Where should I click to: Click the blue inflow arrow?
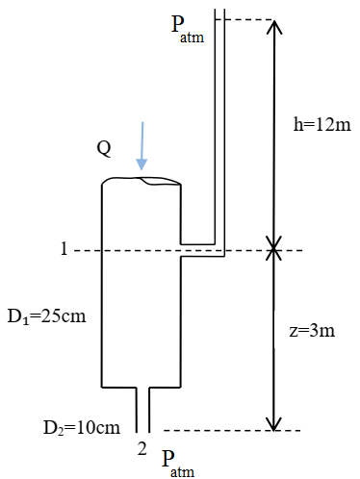(142, 145)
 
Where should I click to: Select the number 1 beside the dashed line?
(64, 250)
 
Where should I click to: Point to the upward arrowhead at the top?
(274, 28)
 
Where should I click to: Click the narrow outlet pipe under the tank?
(142, 409)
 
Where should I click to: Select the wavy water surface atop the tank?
(142, 181)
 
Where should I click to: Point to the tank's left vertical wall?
(103, 289)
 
